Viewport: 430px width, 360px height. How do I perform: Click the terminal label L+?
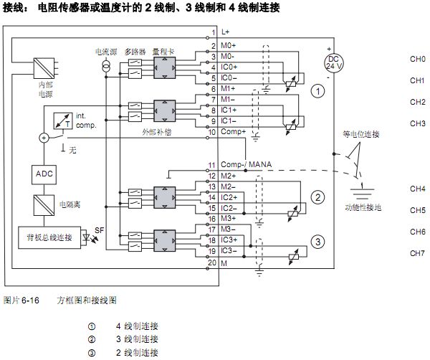tap(226, 32)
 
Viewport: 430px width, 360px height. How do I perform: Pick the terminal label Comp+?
tap(233, 132)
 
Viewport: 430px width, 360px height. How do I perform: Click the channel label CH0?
tap(418, 59)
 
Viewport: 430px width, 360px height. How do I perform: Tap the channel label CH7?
tap(418, 253)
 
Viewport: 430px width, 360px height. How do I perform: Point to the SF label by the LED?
tap(99, 230)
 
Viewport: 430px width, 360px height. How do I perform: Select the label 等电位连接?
tap(356, 134)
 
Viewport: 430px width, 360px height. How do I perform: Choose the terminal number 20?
tap(212, 262)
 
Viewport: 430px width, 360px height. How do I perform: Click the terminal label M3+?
tap(229, 218)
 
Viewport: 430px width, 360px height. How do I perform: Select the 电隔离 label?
tap(69, 204)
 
